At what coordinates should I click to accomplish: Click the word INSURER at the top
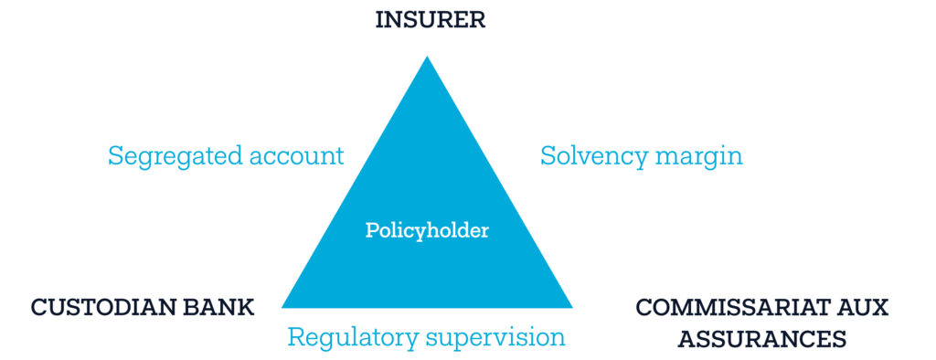pyautogui.click(x=430, y=20)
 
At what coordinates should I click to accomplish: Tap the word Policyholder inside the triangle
pyautogui.click(x=427, y=230)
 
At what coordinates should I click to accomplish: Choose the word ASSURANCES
pyautogui.click(x=762, y=339)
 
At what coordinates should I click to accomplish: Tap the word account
pyautogui.click(x=297, y=157)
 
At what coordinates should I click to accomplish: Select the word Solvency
pyautogui.click(x=593, y=157)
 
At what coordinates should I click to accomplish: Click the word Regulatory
pyautogui.click(x=353, y=338)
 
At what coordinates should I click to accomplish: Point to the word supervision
pyautogui.click(x=495, y=338)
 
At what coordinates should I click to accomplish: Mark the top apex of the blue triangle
pyautogui.click(x=427, y=56)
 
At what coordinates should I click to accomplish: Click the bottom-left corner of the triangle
pyautogui.click(x=282, y=308)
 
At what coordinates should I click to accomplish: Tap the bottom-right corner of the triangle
pyautogui.click(x=572, y=308)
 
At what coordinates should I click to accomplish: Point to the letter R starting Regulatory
pyautogui.click(x=295, y=337)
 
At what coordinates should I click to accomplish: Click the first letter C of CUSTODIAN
pyautogui.click(x=39, y=308)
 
